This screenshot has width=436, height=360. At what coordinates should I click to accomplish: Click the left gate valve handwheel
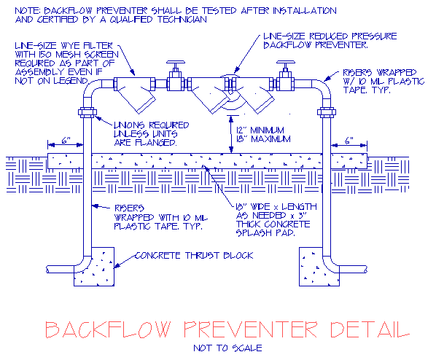pyautogui.click(x=176, y=62)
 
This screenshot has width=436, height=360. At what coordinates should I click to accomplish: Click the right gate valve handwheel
pyautogui.click(x=286, y=62)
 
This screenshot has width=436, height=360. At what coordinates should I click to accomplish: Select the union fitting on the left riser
pyautogui.click(x=87, y=112)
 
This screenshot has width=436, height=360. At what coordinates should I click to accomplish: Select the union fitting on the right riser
pyautogui.click(x=327, y=112)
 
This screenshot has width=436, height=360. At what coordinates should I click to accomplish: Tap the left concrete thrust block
pyautogui.click(x=94, y=267)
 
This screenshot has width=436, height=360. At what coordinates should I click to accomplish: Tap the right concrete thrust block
pyautogui.click(x=319, y=267)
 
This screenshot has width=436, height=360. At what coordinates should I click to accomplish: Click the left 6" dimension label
pyautogui.click(x=66, y=141)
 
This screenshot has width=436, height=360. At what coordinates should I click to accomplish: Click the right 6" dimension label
pyautogui.click(x=349, y=141)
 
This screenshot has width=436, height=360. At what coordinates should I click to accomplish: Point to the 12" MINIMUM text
pyautogui.click(x=260, y=130)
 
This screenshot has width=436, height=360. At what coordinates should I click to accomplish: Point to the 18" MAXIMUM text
pyautogui.click(x=263, y=138)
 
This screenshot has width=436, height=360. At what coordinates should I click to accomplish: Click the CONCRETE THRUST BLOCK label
pyautogui.click(x=194, y=256)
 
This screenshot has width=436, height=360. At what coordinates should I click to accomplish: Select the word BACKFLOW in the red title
pyautogui.click(x=108, y=329)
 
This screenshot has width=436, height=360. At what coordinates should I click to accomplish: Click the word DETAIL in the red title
pyautogui.click(x=370, y=329)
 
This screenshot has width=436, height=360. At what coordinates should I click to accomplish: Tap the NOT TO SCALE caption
pyautogui.click(x=227, y=348)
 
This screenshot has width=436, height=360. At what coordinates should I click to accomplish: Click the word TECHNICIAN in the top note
pyautogui.click(x=182, y=20)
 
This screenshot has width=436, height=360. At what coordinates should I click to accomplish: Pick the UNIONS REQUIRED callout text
pyautogui.click(x=152, y=125)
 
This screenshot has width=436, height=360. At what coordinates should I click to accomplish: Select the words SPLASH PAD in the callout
pyautogui.click(x=265, y=232)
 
